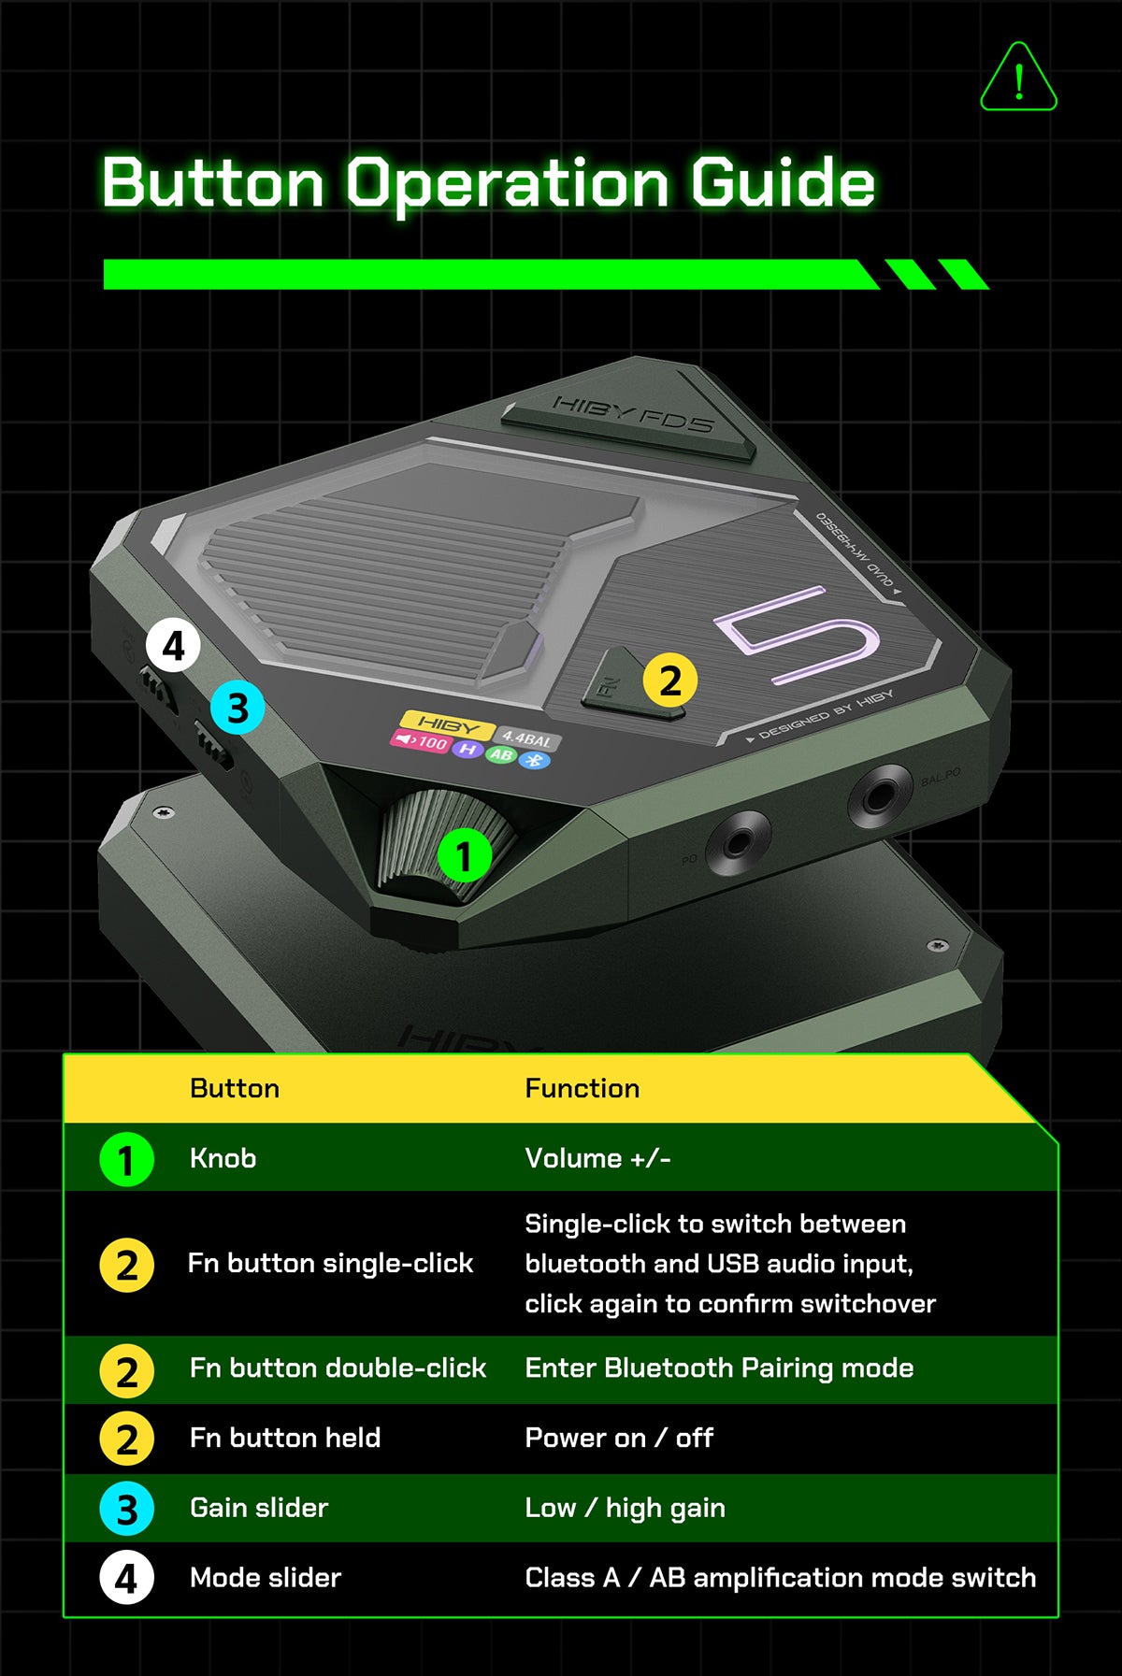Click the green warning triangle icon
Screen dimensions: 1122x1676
[x=1018, y=78]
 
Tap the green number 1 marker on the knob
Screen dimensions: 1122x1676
[x=465, y=855]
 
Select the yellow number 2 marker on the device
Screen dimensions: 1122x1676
[x=669, y=680]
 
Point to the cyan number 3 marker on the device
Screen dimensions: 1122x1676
[x=237, y=708]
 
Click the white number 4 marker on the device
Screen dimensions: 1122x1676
[x=173, y=646]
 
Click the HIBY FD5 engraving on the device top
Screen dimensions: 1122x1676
[x=634, y=413]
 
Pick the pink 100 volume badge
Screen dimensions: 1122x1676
[x=420, y=741]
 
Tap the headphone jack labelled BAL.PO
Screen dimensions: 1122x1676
[x=880, y=795]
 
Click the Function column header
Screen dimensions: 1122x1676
[x=583, y=1088]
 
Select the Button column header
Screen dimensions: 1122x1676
[x=235, y=1088]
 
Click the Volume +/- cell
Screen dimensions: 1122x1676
[x=598, y=1158]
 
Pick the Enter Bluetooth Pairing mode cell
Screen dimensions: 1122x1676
[x=719, y=1368]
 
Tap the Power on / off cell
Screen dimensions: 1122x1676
[x=619, y=1438]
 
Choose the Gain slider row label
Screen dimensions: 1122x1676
[x=259, y=1508]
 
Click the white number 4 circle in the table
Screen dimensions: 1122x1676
[x=126, y=1578]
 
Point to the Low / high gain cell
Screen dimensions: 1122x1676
[x=626, y=1508]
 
